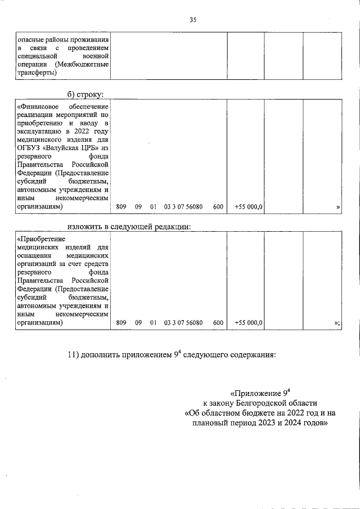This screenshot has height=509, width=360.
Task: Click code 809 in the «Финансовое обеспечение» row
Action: click(121, 207)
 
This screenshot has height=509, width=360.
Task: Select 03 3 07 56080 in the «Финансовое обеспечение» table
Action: click(183, 207)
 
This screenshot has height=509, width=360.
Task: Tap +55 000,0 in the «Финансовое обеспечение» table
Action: click(249, 207)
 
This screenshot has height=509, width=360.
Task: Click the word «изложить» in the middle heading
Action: click(85, 227)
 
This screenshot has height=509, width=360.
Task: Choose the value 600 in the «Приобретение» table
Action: click(218, 323)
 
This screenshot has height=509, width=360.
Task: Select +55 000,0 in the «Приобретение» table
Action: click(249, 323)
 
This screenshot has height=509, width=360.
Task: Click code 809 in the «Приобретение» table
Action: click(121, 323)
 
